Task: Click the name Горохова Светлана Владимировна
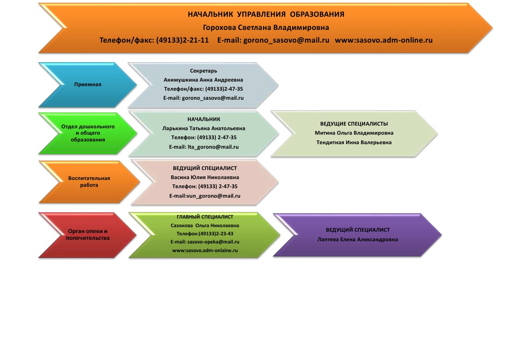pos(266,28)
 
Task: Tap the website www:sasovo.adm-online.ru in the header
pos(384,40)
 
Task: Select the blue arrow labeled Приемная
pos(88,85)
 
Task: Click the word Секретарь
pos(204,71)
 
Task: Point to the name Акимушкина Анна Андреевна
pos(203,80)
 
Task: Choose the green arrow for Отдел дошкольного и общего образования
pos(88,133)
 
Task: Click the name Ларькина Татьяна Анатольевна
pos(204,128)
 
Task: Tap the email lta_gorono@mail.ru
pos(213,147)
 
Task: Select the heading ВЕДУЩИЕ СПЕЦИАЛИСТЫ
pos(354,124)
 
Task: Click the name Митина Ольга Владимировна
pos(354,133)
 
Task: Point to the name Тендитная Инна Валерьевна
pos(354,142)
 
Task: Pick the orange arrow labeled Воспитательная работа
pos(89,182)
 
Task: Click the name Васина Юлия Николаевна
pos(205,177)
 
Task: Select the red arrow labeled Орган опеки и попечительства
pos(88,235)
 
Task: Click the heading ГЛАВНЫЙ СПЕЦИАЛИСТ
pos(205,217)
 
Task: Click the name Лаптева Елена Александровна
pos(357,239)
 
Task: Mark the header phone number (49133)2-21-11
pos(182,40)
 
